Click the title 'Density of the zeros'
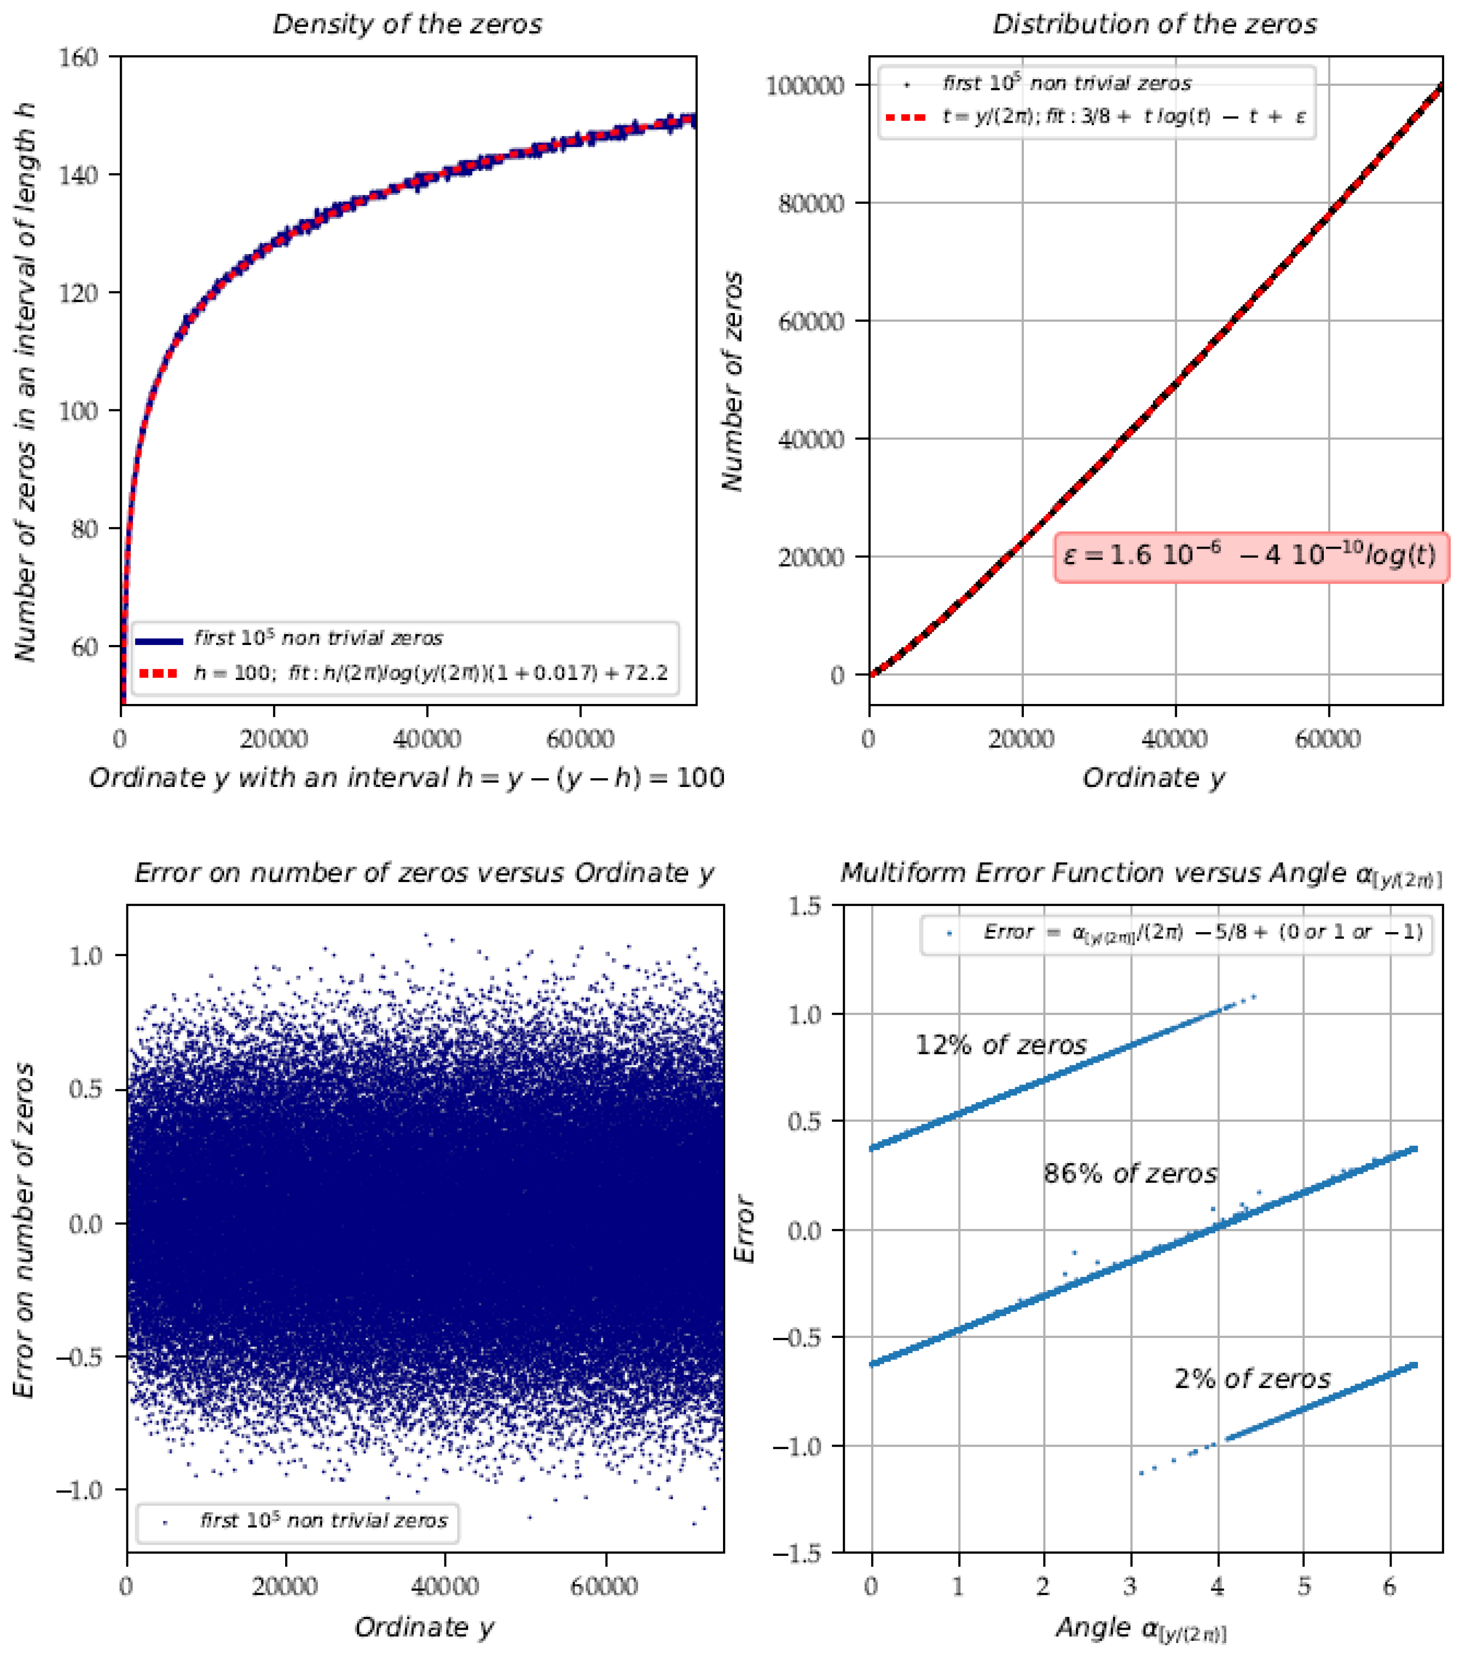407,24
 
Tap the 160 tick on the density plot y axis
78,58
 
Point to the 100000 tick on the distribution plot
805,85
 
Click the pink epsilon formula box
1251,556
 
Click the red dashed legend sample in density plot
158,673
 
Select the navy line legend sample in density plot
158,640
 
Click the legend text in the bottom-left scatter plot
323,1521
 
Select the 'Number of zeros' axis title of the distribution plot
732,381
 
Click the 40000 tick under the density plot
427,739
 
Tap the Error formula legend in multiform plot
1203,933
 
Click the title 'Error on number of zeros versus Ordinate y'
424,873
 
